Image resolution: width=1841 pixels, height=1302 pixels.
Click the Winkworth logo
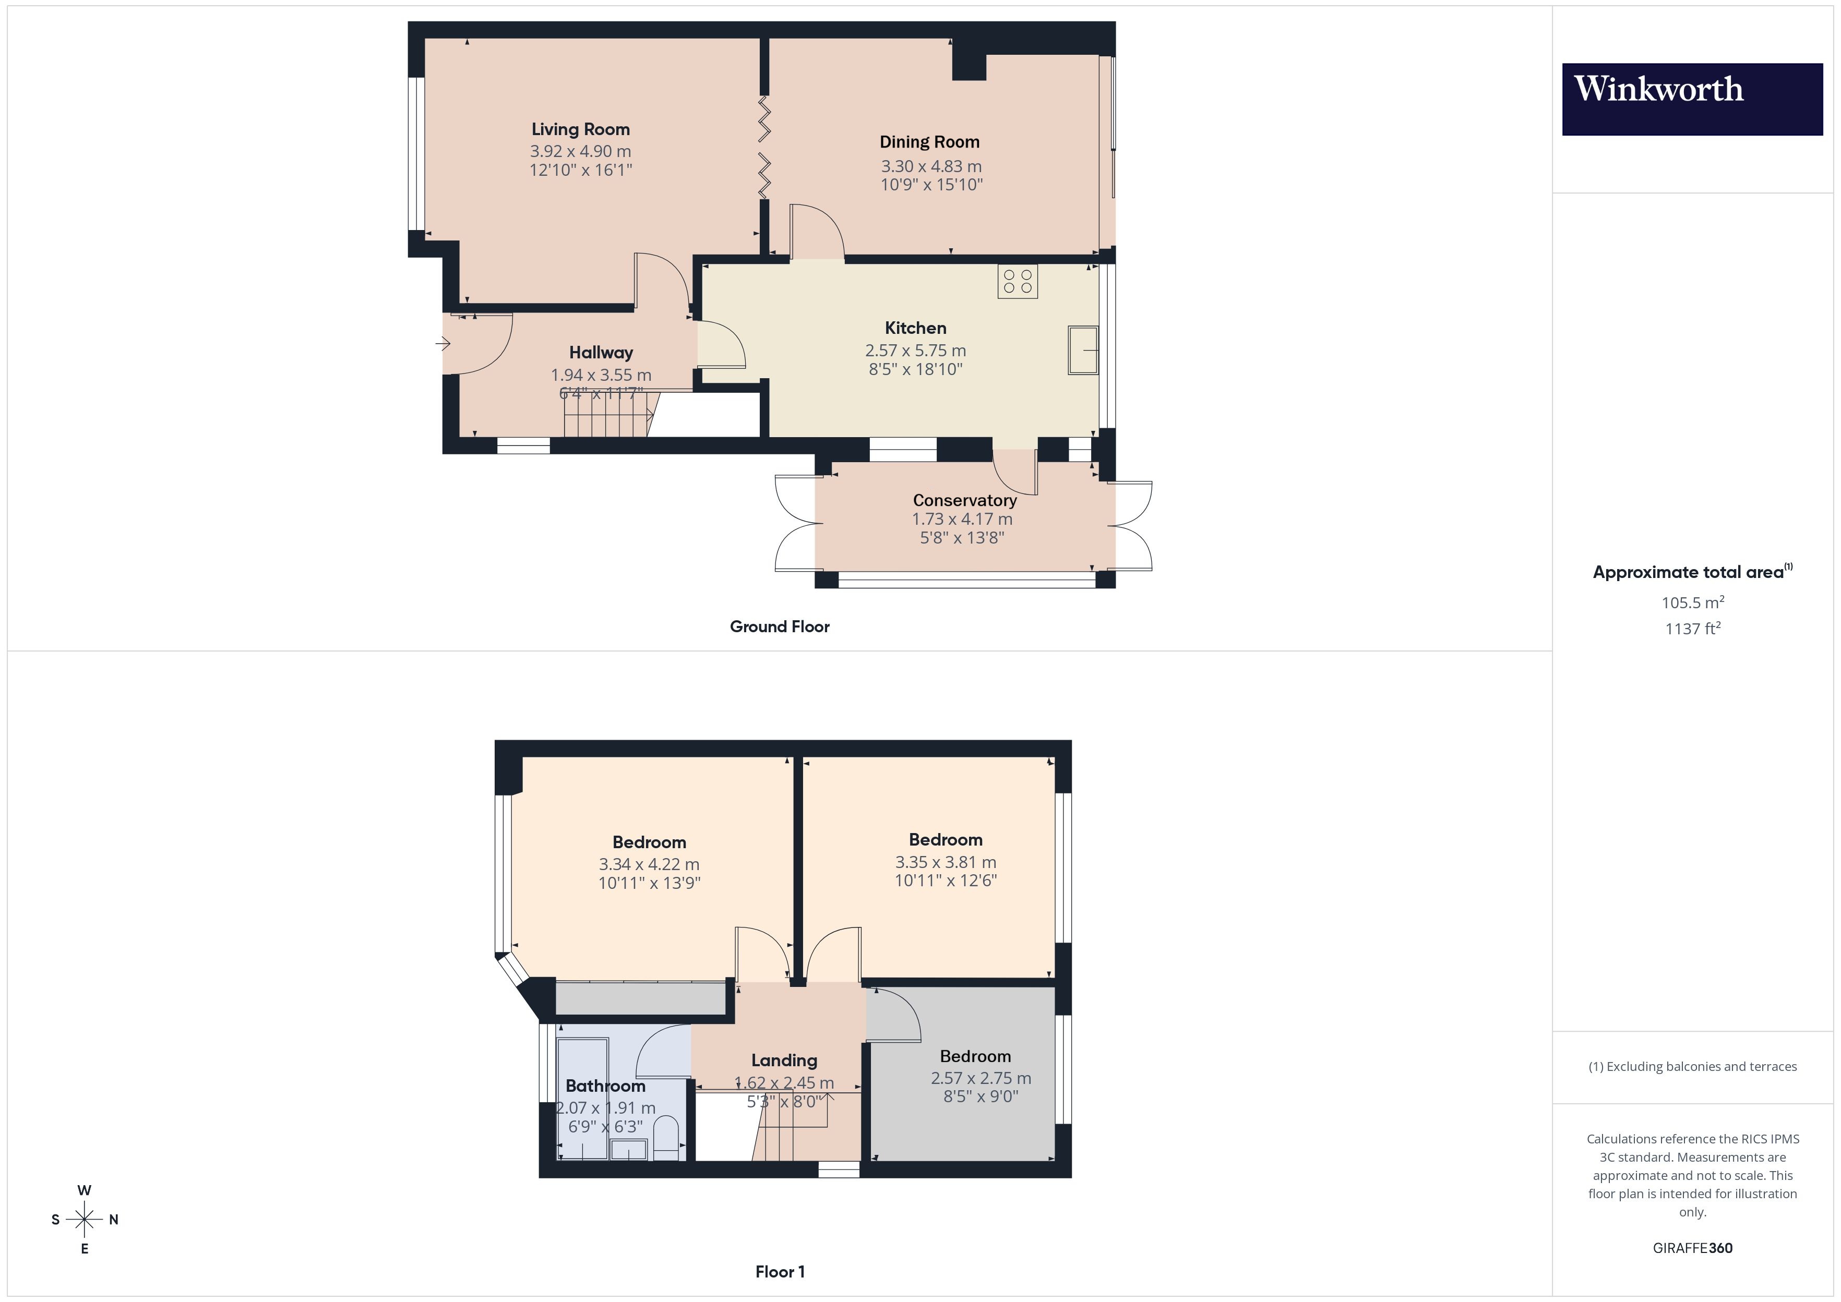pos(1692,99)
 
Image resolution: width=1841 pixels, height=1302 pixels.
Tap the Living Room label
pos(580,129)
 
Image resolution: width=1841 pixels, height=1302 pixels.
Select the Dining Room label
pos(929,142)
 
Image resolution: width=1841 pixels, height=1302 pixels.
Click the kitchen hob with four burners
pos(1018,281)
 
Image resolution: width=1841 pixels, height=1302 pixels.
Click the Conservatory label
pos(965,500)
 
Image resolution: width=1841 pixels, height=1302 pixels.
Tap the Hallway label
pos(601,353)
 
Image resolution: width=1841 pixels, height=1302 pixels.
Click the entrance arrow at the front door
pos(443,344)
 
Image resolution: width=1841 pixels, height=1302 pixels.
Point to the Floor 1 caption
pos(780,1272)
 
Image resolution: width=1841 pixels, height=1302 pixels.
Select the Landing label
pos(784,1060)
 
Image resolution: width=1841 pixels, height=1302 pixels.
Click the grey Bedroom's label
pos(975,1057)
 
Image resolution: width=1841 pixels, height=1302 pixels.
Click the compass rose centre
pos(84,1220)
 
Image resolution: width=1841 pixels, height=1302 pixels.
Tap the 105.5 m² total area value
pos(1692,602)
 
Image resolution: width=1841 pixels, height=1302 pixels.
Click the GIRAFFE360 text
pos(1692,1248)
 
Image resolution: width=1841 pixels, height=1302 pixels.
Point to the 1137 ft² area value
pos(1692,629)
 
